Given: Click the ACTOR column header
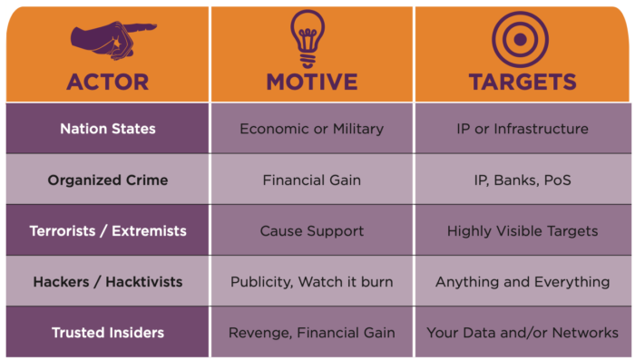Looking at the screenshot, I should (107, 82).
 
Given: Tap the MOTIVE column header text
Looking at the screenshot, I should (311, 82).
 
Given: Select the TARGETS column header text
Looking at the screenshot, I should (522, 82).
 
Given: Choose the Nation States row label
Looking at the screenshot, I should (107, 129).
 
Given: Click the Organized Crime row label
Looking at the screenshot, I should (107, 180).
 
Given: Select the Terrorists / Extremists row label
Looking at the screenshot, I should (107, 230).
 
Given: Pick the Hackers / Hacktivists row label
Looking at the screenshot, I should (107, 281).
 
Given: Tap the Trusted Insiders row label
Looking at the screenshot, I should (107, 332).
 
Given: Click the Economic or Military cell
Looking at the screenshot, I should (311, 129).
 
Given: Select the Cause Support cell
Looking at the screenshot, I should (311, 230).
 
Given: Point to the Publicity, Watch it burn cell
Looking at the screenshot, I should (311, 281).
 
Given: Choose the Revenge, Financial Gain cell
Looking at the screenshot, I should (311, 332).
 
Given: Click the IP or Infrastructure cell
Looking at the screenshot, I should (522, 129).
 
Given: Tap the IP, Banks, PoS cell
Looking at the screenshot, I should (522, 180).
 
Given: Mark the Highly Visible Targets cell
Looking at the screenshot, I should (522, 230).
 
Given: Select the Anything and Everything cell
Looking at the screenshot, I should (522, 281).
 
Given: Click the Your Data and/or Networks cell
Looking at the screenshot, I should (522, 332).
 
